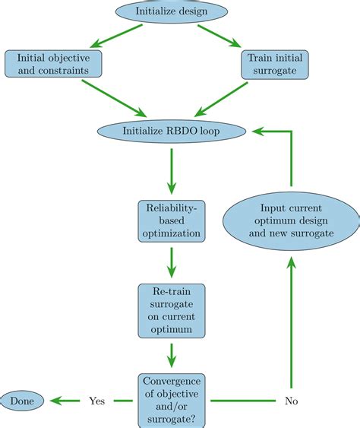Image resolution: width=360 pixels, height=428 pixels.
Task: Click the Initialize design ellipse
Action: [x=172, y=11]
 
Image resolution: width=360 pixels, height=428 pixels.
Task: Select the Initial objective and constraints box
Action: [x=54, y=65]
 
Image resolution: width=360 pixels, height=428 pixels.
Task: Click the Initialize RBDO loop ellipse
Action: [x=172, y=132]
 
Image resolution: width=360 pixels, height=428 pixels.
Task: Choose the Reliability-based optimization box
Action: [x=172, y=220]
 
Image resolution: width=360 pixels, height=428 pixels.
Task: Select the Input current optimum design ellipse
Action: [x=292, y=220]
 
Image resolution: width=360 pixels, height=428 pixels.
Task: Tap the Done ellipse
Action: [x=22, y=400]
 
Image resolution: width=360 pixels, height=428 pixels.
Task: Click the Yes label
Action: [x=96, y=400]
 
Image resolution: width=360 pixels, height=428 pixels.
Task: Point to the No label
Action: [x=292, y=400]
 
